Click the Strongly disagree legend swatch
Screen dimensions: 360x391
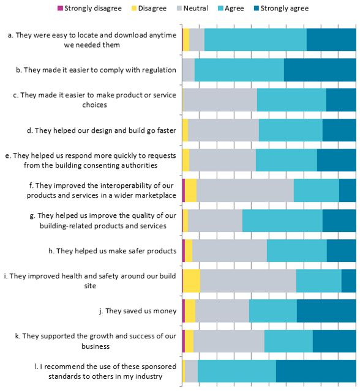60,8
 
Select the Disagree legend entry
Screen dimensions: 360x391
149,8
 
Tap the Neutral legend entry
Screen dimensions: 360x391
193,8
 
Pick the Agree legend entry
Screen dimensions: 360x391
231,8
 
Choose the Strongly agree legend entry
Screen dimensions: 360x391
281,8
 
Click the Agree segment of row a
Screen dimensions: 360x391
255,40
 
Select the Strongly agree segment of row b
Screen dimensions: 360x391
320,70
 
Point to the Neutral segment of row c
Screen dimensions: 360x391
220,100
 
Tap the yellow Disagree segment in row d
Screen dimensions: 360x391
185,130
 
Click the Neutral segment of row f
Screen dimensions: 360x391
246,190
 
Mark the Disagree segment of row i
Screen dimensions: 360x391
192,281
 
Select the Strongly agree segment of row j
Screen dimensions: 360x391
326,311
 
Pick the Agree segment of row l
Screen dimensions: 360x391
237,371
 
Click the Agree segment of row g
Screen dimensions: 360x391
282,221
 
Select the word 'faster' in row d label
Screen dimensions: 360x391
167,130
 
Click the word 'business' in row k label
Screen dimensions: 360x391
96,346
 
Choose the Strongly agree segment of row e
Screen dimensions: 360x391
337,160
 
